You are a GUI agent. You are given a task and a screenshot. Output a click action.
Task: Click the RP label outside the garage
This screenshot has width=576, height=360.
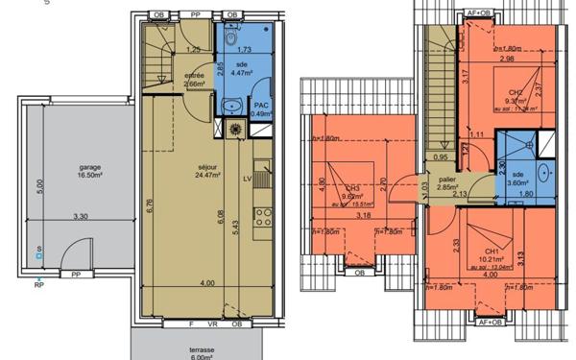pos(39,285)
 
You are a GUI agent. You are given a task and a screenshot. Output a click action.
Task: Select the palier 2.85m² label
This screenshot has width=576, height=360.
pos(445,183)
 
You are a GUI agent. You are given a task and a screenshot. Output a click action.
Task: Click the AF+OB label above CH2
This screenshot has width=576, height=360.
pos(477,12)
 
